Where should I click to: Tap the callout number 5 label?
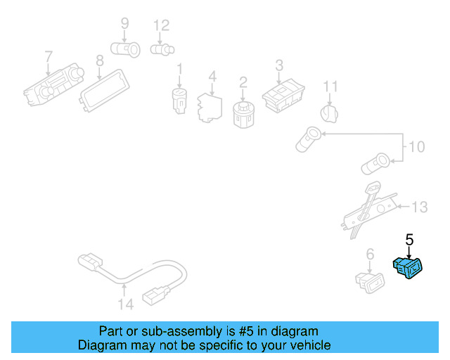pyautogui.click(x=409, y=240)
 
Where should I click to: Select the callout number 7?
pyautogui.click(x=49, y=56)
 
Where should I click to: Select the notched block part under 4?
pyautogui.click(x=209, y=105)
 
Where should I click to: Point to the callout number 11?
pyautogui.click(x=330, y=87)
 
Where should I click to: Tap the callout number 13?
pyautogui.click(x=419, y=207)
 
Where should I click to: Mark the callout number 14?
pyautogui.click(x=124, y=305)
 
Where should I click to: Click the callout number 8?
pyautogui.click(x=100, y=60)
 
